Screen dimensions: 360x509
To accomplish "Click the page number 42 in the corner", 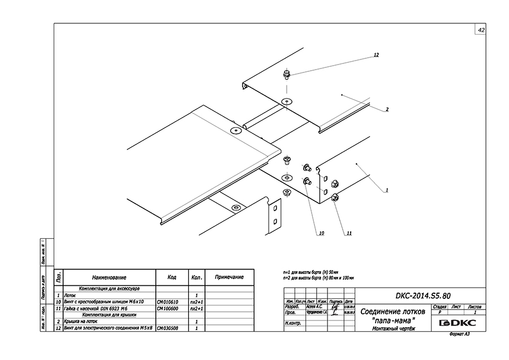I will (x=481, y=30).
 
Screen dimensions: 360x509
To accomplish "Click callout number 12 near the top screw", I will (x=376, y=55).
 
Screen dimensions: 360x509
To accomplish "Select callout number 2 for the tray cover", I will (x=387, y=109).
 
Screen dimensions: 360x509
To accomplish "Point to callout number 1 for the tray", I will (x=387, y=191).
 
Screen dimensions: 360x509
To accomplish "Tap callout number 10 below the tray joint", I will (x=321, y=233).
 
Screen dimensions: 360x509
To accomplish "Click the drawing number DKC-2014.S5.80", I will (x=419, y=295).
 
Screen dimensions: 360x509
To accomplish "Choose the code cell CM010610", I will (x=167, y=302).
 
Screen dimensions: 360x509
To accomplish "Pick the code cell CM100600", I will (x=167, y=309).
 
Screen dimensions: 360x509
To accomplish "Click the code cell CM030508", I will (x=167, y=328).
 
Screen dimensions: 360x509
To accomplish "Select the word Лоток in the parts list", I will (x=71, y=296).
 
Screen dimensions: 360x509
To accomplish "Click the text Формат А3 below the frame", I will (x=459, y=335).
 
